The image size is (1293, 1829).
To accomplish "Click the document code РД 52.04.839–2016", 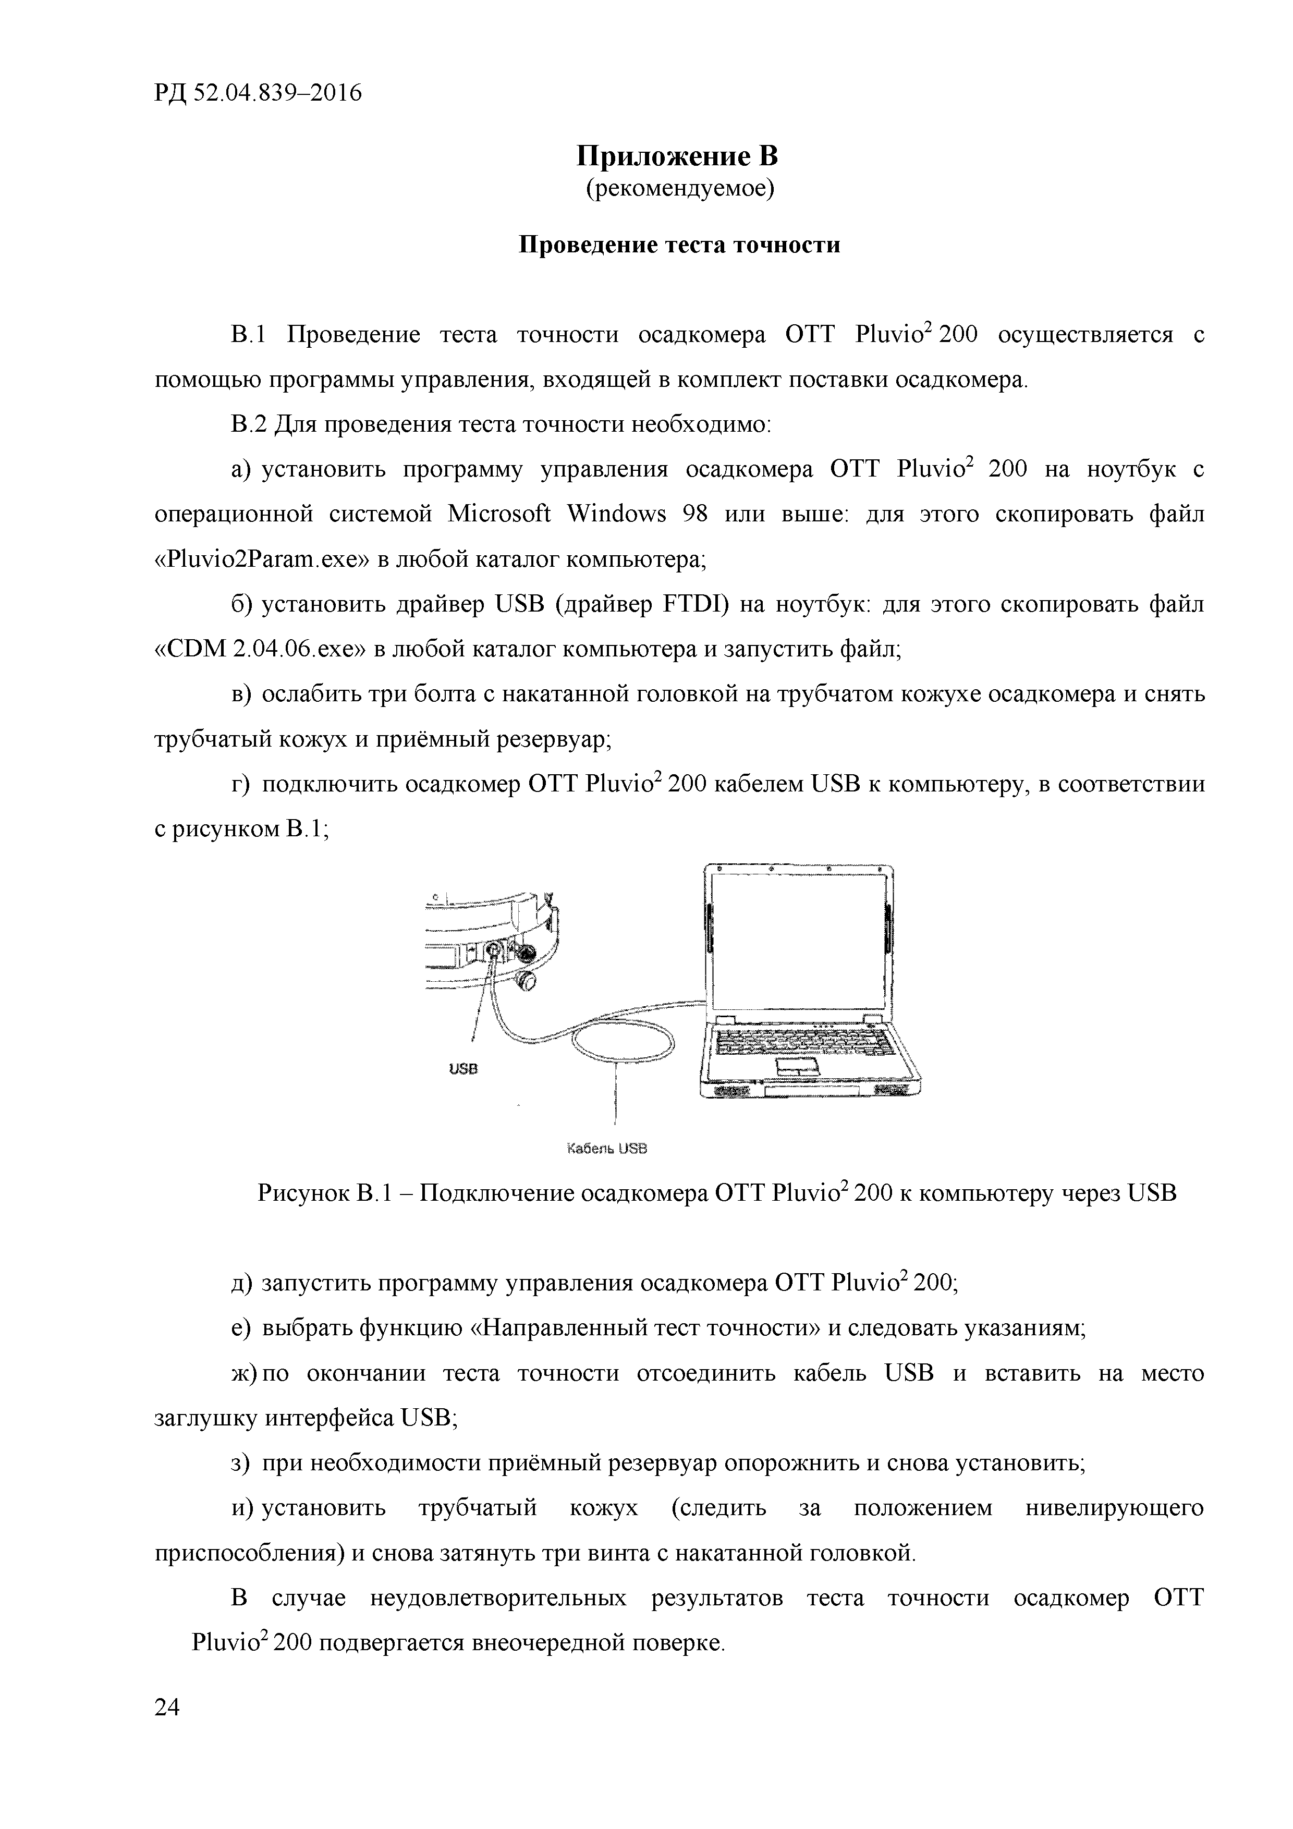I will (x=258, y=93).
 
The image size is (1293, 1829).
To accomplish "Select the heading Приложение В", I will (x=678, y=155).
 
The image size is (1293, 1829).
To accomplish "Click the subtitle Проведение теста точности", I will (x=679, y=245).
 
